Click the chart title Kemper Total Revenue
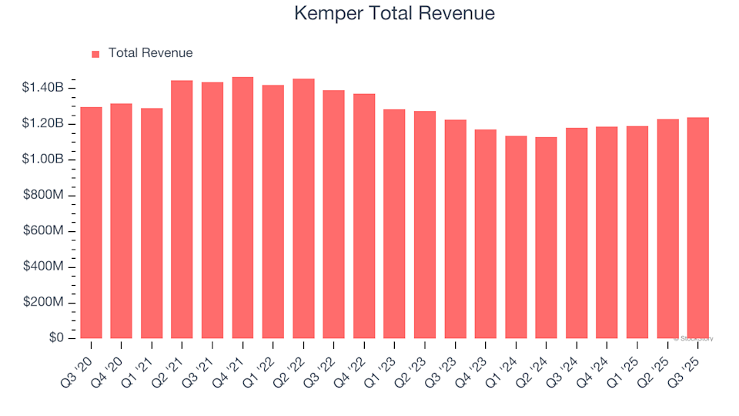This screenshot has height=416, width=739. pos(394,14)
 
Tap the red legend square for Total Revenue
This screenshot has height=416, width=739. pos(95,54)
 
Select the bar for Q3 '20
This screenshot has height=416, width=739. pos(91,223)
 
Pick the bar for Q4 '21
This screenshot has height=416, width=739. pos(242,208)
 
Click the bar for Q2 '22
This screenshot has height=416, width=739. pos(303,209)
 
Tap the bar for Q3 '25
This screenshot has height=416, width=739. pos(697,228)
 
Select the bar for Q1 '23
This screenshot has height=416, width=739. pos(394,224)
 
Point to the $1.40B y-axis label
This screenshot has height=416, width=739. pos(43,89)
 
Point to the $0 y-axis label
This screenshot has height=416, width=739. pos(56,339)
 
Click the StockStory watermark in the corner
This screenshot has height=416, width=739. pos(694,338)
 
